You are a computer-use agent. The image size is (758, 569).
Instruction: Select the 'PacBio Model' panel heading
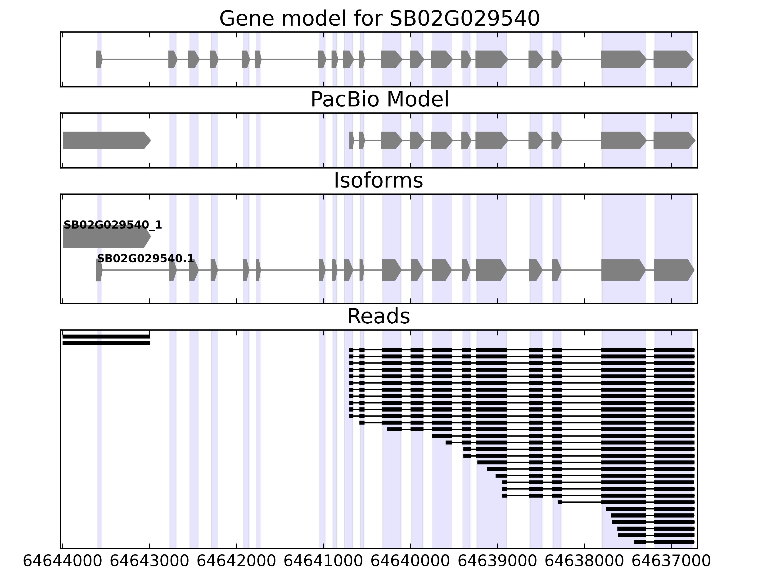pyautogui.click(x=379, y=100)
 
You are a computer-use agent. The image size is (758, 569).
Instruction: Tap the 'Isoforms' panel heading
pyautogui.click(x=378, y=181)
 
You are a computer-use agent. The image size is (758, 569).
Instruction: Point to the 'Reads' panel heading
pyautogui.click(x=378, y=316)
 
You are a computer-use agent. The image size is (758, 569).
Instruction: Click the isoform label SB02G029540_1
pyautogui.click(x=113, y=225)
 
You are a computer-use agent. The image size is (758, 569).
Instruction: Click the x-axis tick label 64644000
pyautogui.click(x=62, y=561)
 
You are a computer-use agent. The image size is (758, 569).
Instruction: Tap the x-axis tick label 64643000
pyautogui.click(x=149, y=561)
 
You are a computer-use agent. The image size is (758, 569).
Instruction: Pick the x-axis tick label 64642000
pyautogui.click(x=236, y=561)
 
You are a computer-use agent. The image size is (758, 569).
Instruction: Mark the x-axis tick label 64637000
pyautogui.click(x=671, y=561)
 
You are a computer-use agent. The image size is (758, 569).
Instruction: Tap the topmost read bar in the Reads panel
pyautogui.click(x=106, y=336)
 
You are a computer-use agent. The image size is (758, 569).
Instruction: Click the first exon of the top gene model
pyautogui.click(x=99, y=59)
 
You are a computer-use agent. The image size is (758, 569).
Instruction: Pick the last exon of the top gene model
pyautogui.click(x=672, y=59)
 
